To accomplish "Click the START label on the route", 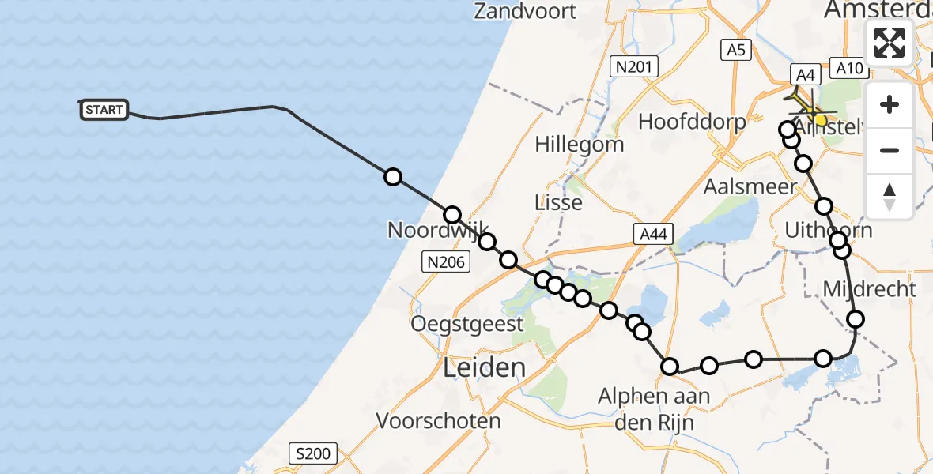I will pos(104,110).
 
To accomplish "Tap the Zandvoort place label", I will pos(526,11).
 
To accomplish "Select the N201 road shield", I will pos(636,67).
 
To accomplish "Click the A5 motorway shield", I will pos(736,51).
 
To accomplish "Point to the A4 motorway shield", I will pos(805,75).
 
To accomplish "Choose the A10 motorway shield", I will pos(849,69).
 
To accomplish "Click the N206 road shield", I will pos(446,261).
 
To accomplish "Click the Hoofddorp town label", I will pos(692,122).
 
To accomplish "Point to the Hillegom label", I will pos(579,145).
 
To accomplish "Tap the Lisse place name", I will pos(558,202).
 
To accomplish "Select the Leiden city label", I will pos(485,367).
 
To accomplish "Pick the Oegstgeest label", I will pos(466,324).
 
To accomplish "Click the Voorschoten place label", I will pos(438,420).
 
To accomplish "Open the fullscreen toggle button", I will pos(890,43).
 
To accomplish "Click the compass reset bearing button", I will pos(890,196).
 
